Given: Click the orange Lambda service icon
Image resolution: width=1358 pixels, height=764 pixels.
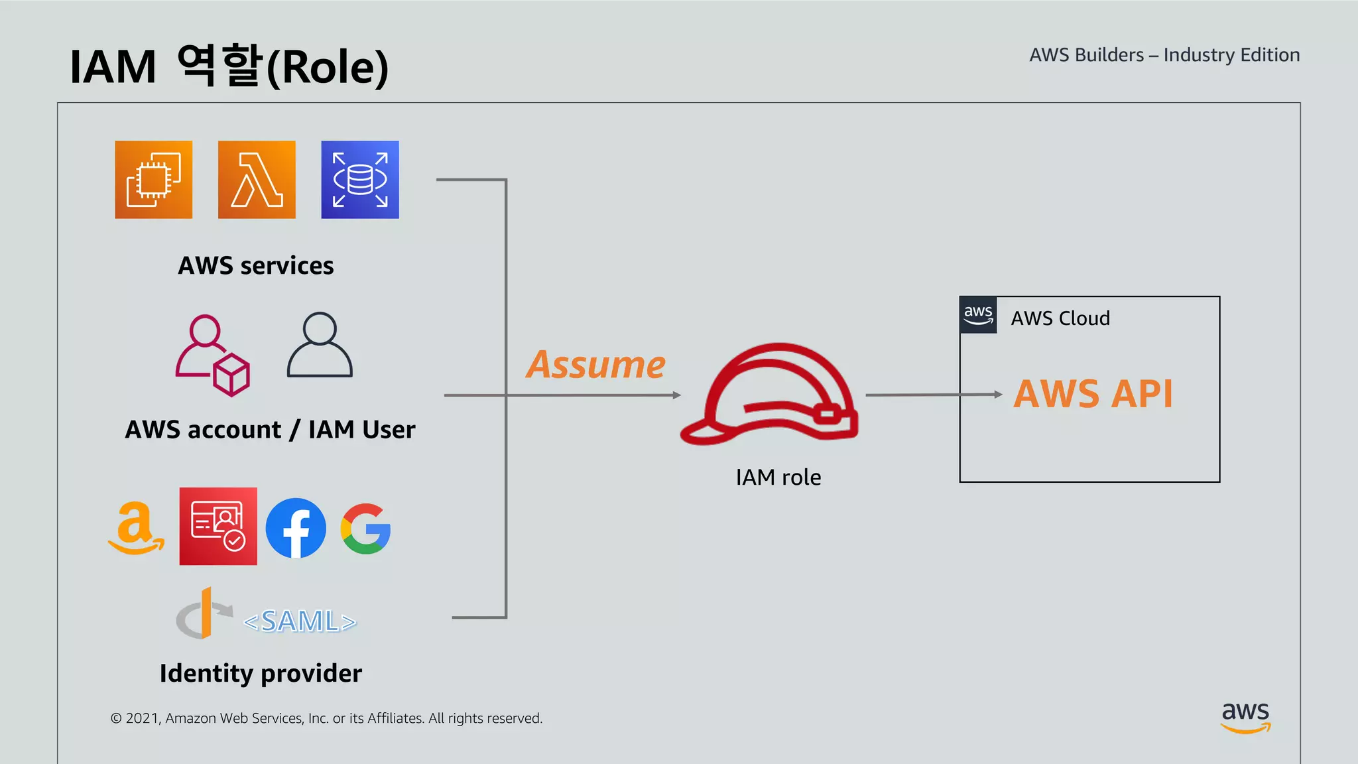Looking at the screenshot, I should point(257,180).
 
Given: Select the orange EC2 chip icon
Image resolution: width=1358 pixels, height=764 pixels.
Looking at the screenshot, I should point(153,180).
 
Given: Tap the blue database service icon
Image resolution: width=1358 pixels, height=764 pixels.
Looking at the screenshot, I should point(360,180).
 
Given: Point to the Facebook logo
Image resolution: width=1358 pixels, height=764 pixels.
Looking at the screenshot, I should point(296,528).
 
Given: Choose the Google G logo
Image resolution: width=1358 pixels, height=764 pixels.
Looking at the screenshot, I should point(365,529).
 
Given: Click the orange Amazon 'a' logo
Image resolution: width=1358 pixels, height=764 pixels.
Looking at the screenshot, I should point(136,528).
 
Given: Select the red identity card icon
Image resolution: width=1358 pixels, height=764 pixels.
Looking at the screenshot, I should point(218,527).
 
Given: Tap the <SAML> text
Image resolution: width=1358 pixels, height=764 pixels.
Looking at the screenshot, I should point(300,621).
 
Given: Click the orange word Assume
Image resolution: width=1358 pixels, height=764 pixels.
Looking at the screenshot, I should point(595,365).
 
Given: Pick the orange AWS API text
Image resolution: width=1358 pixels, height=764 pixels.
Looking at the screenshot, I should point(1093,394).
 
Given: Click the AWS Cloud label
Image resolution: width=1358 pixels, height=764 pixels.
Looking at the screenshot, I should point(1060,318).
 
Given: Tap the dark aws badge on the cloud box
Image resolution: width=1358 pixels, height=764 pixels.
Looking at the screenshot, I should point(978,315).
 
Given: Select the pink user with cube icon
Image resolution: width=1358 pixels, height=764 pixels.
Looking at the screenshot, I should point(212,355).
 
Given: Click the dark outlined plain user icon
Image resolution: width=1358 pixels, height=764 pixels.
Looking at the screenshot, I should point(320,345).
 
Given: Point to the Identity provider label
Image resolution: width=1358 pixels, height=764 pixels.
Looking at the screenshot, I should point(261,673).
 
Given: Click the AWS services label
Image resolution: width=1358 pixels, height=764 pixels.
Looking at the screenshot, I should point(256,265).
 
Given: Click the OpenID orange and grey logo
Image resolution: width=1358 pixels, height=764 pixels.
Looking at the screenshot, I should point(203,613).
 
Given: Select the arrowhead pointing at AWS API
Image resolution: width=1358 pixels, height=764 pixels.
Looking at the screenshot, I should point(998,394).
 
